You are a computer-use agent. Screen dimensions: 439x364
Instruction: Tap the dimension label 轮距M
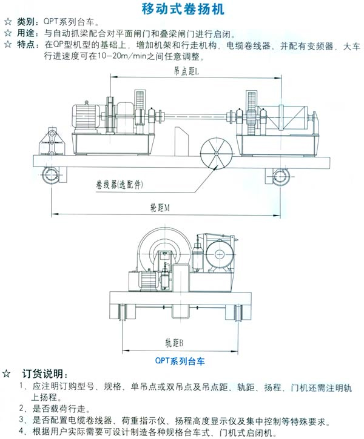[x=160, y=207]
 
